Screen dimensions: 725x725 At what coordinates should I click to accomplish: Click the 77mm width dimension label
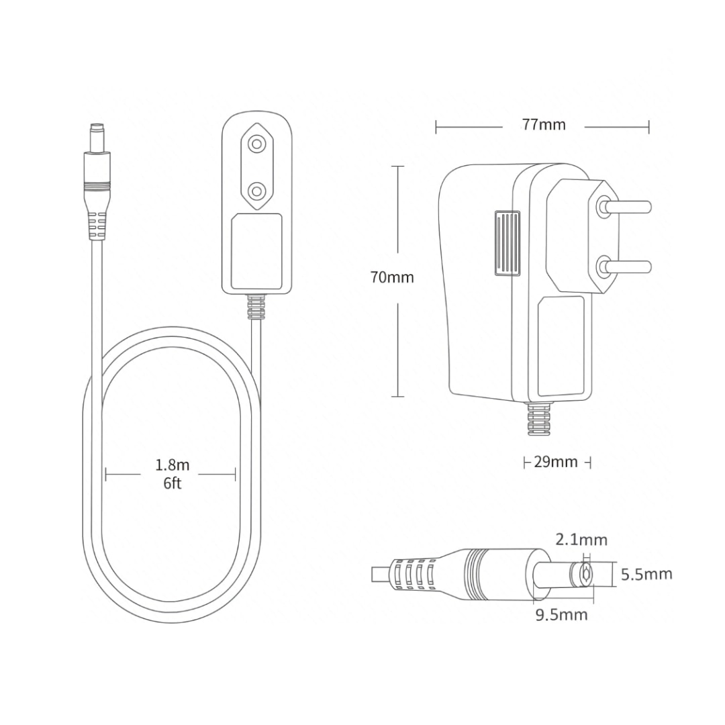point(544,125)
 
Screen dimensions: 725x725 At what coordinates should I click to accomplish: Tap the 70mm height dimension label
point(392,277)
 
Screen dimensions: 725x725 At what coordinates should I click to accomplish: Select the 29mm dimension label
point(556,462)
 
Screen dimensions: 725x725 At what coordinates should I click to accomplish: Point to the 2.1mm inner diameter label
point(581,540)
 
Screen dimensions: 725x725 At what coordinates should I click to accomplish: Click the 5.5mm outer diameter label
point(646,574)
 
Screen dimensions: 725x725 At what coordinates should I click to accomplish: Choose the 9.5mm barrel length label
point(561,615)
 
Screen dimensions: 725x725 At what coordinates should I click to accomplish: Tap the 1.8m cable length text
point(173,465)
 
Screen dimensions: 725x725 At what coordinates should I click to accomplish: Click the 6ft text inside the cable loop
point(173,483)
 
